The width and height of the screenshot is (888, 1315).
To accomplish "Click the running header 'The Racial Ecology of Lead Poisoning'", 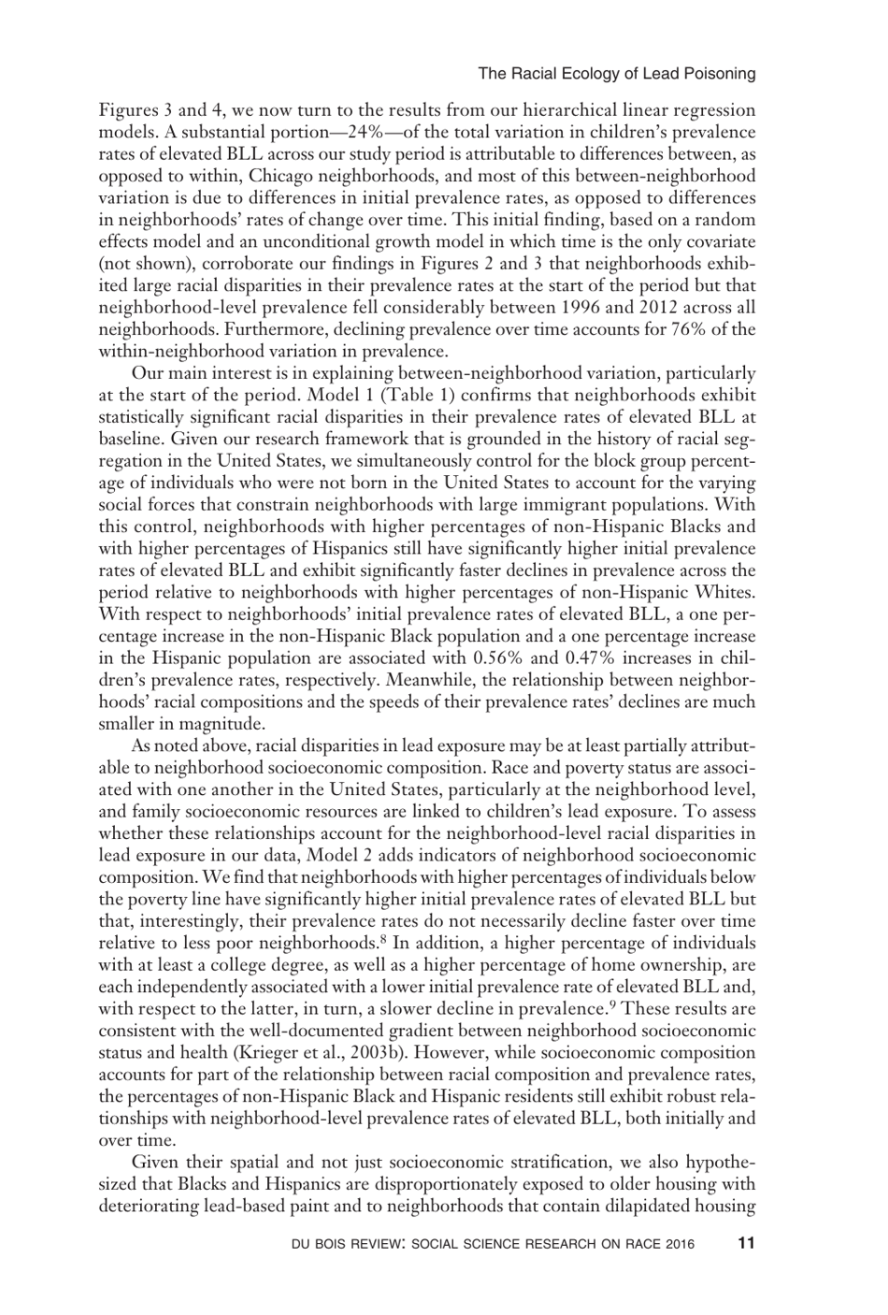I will point(616,73).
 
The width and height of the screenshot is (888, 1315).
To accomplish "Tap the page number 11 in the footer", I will point(745,1243).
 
